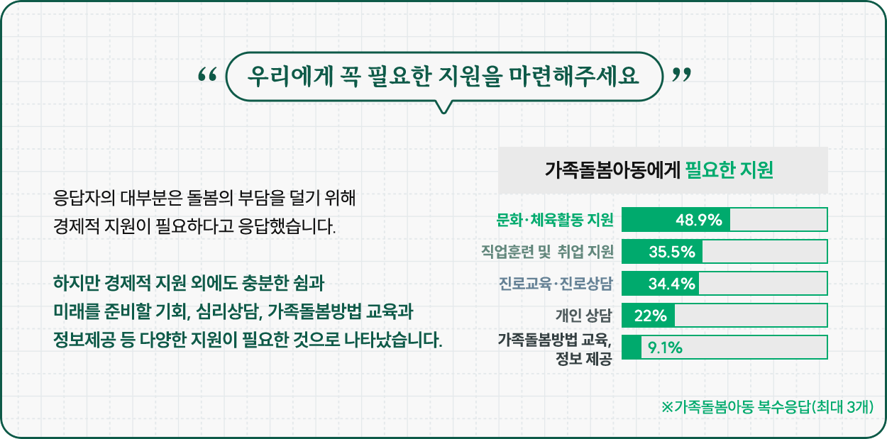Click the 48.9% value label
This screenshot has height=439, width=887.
tap(699, 220)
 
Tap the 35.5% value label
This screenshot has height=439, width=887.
tap(672, 252)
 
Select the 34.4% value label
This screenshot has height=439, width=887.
tap(671, 284)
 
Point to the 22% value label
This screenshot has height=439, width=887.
tap(650, 316)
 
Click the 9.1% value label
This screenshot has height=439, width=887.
tap(665, 348)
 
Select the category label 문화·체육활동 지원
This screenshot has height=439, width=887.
tap(555, 220)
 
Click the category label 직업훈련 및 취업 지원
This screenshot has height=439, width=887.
tap(547, 252)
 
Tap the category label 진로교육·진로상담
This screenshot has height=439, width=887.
tap(556, 284)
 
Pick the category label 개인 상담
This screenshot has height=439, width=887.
tap(584, 316)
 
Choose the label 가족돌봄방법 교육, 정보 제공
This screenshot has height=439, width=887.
tap(555, 349)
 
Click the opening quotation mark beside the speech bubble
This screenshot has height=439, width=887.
tap(207, 74)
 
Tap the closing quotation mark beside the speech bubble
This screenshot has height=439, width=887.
tap(681, 74)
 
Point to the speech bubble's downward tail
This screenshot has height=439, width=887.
tap(443, 107)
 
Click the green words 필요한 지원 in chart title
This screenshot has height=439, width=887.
tap(729, 170)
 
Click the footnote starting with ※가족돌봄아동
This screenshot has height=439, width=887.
tap(767, 407)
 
